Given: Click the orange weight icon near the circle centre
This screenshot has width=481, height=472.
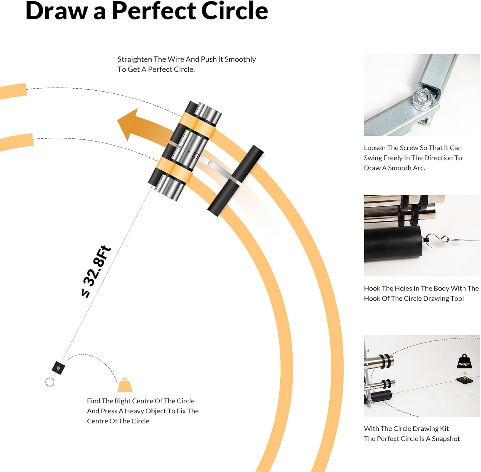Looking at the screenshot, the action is (x=125, y=385).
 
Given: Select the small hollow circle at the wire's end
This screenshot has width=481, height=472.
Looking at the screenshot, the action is (x=50, y=382).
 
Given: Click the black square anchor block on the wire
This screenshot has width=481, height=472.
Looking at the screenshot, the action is (x=58, y=367).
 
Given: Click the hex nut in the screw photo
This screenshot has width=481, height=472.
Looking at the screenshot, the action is (x=422, y=99).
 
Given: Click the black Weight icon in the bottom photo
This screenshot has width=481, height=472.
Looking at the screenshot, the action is (x=464, y=361).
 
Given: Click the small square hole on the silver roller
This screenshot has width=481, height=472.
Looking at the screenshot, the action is (x=196, y=155).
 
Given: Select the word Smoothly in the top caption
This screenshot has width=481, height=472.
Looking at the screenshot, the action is (x=240, y=60).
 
